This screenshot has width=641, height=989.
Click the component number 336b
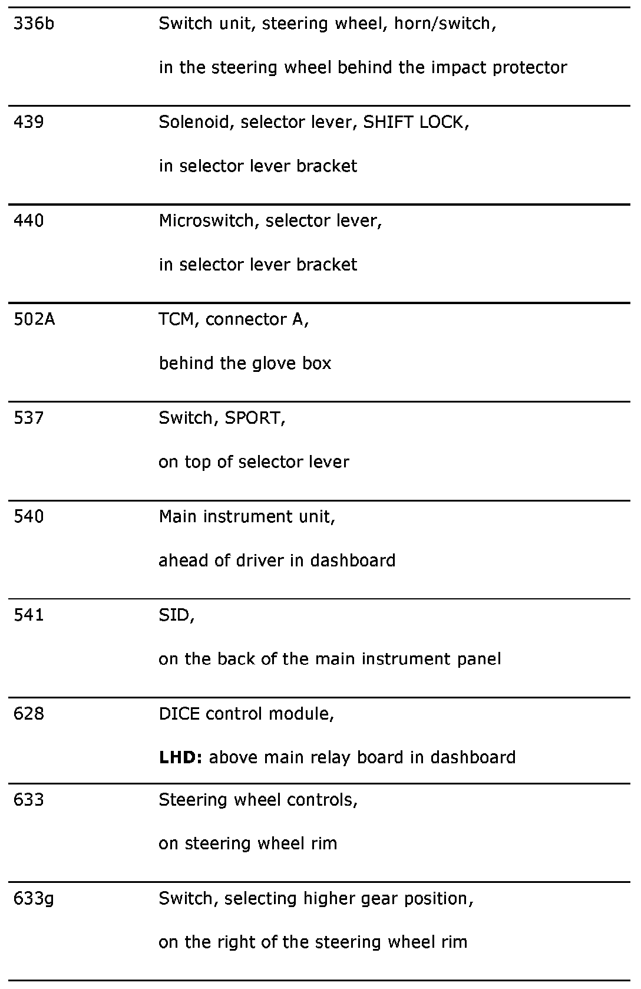34,24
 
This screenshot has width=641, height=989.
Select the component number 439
29,123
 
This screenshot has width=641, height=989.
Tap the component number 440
29,221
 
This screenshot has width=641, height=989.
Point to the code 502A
34,319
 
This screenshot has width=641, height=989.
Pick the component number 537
29,418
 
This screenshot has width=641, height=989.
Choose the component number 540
29,517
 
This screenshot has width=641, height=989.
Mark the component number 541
29,615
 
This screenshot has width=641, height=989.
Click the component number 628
29,714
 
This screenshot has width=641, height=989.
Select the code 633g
34,899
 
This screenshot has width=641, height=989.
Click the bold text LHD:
181,757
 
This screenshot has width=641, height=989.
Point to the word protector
530,68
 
